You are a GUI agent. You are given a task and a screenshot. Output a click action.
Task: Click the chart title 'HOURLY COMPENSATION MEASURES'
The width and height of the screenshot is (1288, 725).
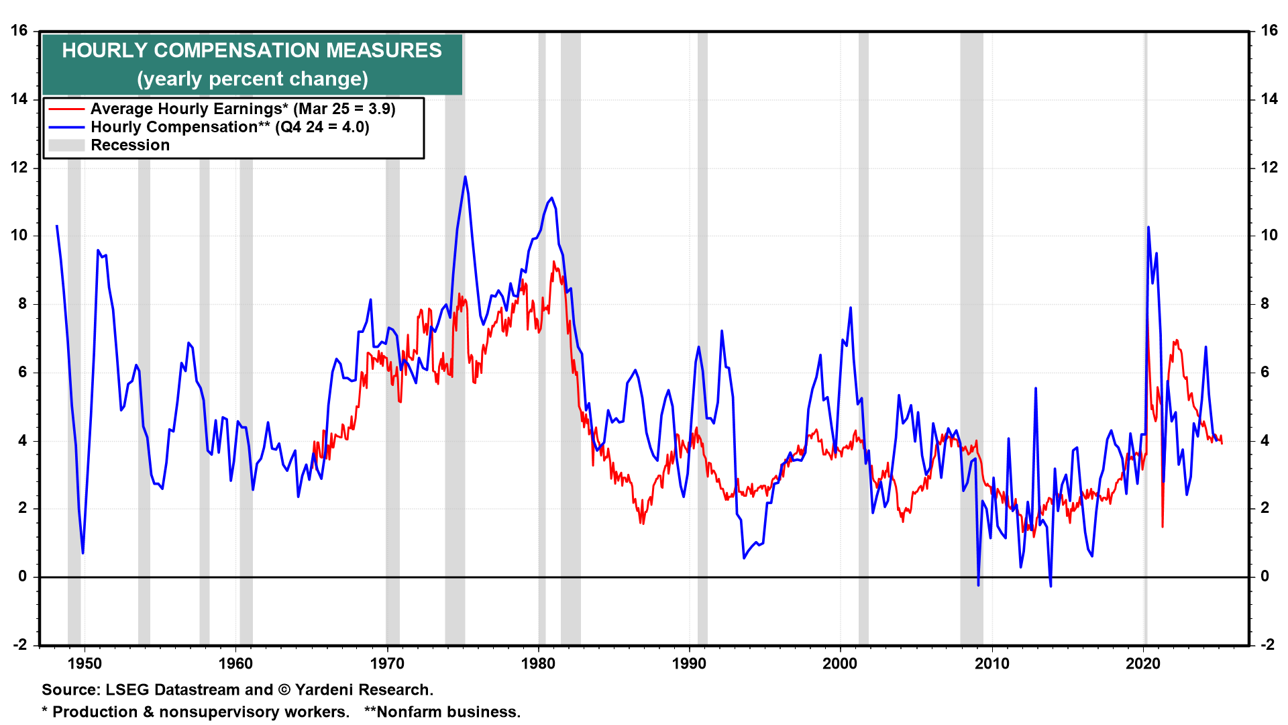point(252,50)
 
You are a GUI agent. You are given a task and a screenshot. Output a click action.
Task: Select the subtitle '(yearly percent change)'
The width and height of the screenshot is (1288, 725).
point(252,79)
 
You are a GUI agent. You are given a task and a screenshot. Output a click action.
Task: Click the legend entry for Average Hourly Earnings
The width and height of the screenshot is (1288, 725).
point(243,109)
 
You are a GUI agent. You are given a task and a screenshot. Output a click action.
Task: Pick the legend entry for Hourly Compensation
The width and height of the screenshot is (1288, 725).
point(229,127)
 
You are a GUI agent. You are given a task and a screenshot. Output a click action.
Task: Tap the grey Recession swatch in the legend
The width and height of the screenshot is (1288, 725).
point(66,146)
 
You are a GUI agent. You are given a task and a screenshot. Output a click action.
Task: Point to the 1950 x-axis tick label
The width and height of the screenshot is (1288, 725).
point(85,664)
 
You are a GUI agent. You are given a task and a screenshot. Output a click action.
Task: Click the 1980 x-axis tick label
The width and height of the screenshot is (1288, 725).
point(538,664)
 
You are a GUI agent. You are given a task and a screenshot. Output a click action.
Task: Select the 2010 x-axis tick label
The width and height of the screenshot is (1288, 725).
point(991,664)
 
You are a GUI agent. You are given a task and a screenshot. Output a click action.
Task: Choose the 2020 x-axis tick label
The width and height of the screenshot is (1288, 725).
point(1142,664)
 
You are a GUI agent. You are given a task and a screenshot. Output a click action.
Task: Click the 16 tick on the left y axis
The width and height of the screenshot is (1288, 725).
point(19,31)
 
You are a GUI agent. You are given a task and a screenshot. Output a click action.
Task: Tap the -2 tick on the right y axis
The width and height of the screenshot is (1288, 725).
point(1267,644)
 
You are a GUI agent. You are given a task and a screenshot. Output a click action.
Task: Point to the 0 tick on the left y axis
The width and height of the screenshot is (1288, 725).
point(23,576)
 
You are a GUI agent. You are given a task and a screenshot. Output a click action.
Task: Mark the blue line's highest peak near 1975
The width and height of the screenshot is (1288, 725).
point(465,177)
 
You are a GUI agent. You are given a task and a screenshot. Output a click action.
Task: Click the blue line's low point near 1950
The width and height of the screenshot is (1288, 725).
point(83,552)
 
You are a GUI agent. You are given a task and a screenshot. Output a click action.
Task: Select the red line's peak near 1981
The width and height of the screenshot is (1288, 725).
point(553,262)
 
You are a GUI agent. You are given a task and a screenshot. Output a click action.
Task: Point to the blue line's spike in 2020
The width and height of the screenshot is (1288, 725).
point(1148,228)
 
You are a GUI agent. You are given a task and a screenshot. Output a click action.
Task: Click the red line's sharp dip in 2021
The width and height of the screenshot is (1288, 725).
point(1163,526)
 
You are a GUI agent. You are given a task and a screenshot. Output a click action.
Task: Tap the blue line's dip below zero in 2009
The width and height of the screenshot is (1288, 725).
point(978,585)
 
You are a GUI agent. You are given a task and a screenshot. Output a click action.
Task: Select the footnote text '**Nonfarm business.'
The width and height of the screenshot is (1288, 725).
point(442,712)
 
